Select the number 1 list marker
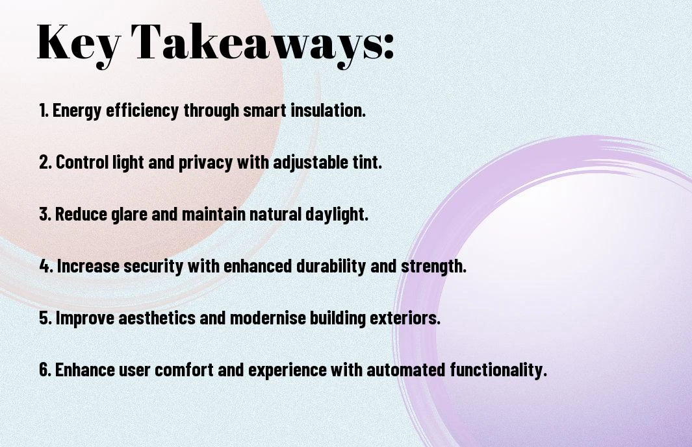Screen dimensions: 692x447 pyautogui.click(x=44, y=110)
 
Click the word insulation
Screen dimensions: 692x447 pyautogui.click(x=328, y=110)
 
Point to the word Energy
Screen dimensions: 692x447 pyautogui.click(x=77, y=111)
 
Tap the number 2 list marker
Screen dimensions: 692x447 pyautogui.click(x=45, y=162)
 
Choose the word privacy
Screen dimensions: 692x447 pyautogui.click(x=205, y=163)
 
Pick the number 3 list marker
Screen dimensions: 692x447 pyautogui.click(x=45, y=214)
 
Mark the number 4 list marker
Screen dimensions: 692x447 pyautogui.click(x=46, y=266)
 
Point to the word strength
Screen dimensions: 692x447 pyautogui.click(x=434, y=267)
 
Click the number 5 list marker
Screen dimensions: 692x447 pyautogui.click(x=45, y=318)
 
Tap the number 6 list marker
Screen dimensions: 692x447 pyautogui.click(x=45, y=369)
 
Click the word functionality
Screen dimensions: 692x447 pyautogui.click(x=499, y=370)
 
